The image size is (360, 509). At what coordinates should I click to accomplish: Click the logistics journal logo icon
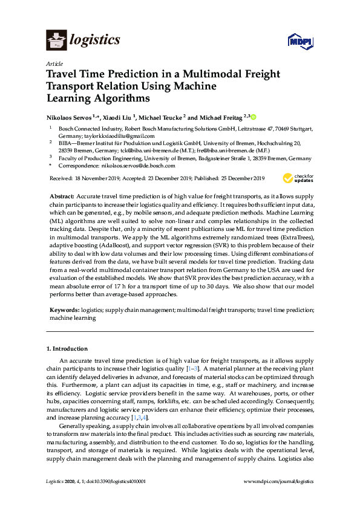tap(56, 41)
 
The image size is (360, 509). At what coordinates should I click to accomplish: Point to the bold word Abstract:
tap(61, 197)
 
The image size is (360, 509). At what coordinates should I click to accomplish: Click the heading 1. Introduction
tap(67, 349)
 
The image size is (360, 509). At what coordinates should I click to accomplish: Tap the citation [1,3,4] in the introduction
tap(139, 418)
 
